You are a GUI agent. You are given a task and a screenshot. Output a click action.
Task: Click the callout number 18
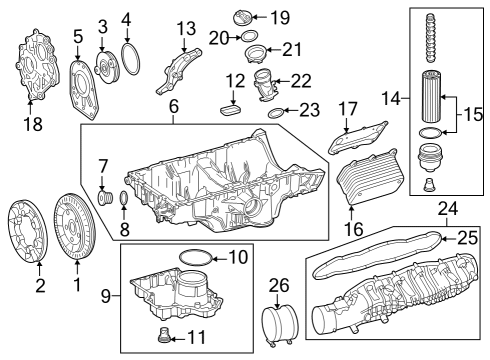click(33, 124)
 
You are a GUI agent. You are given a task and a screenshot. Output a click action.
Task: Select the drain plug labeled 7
click(105, 197)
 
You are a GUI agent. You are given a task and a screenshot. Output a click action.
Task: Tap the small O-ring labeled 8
click(123, 198)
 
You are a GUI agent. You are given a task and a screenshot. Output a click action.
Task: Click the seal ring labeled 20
click(249, 36)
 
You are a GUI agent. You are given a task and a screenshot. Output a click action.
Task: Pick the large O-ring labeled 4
click(130, 58)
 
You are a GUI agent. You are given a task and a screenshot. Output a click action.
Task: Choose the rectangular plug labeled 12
click(230, 110)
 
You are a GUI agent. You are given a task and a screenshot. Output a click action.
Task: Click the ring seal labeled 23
click(276, 113)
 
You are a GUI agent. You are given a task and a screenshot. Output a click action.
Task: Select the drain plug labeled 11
click(164, 335)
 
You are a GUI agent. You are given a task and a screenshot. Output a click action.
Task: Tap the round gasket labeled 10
click(195, 258)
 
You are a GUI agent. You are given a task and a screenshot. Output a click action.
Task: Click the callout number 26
click(279, 285)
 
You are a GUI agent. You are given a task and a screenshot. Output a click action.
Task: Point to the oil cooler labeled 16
click(367, 176)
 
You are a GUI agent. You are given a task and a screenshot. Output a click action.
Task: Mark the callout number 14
click(391, 98)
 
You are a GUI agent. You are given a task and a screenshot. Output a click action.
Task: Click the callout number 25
click(467, 238)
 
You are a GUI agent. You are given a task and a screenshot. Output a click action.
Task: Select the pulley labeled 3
click(107, 65)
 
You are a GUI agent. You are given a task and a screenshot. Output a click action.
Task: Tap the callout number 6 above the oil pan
click(174, 106)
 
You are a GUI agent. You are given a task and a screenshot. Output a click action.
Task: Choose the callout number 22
click(301, 81)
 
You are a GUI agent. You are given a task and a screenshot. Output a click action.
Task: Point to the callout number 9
click(106, 296)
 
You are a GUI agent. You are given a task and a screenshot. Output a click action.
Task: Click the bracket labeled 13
click(179, 71)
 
